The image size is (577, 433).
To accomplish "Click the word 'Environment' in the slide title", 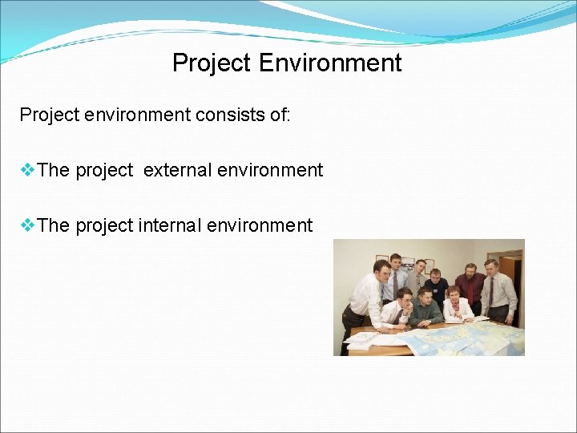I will click(x=330, y=63).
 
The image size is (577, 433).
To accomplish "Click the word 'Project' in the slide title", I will click(x=212, y=63).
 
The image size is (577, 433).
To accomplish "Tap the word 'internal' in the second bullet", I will click(x=170, y=225).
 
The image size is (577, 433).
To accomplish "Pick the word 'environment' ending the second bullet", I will click(x=260, y=225).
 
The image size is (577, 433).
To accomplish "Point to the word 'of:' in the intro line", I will click(x=281, y=115).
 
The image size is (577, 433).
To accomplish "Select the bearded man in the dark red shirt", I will click(x=470, y=285).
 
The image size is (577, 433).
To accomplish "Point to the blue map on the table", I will click(x=457, y=337).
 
